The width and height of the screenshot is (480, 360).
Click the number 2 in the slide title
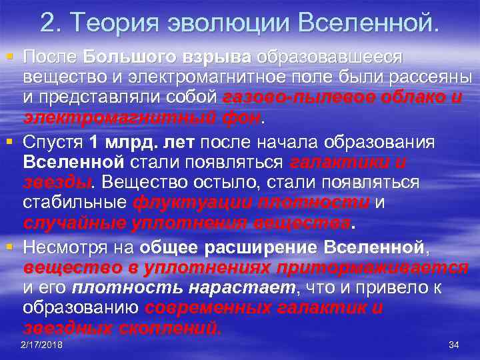point(47,24)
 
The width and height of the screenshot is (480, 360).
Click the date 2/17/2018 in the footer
point(41,345)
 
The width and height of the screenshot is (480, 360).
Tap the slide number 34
point(455,345)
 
